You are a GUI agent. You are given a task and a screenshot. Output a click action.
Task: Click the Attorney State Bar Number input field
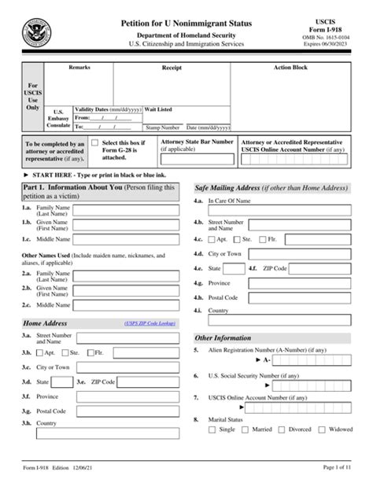coord(197,159)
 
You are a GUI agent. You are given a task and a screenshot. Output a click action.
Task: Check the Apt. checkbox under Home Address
coord(39,353)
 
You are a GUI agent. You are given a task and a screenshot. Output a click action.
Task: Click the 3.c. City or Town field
coord(129,367)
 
